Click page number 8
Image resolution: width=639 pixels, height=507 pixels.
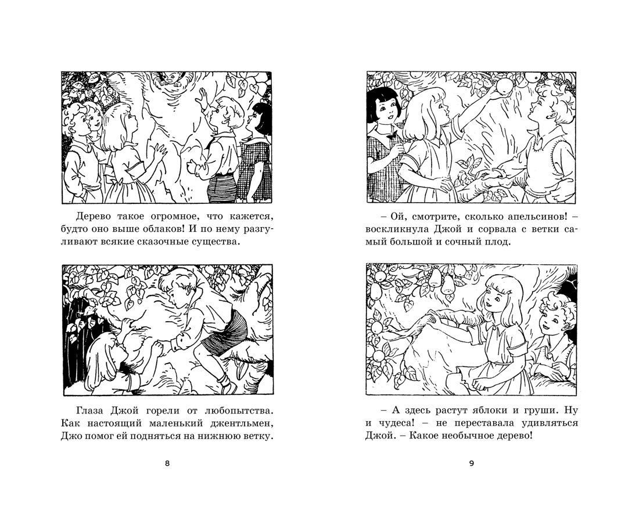pos(167,463)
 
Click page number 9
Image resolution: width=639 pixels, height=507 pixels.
pos(472,463)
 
